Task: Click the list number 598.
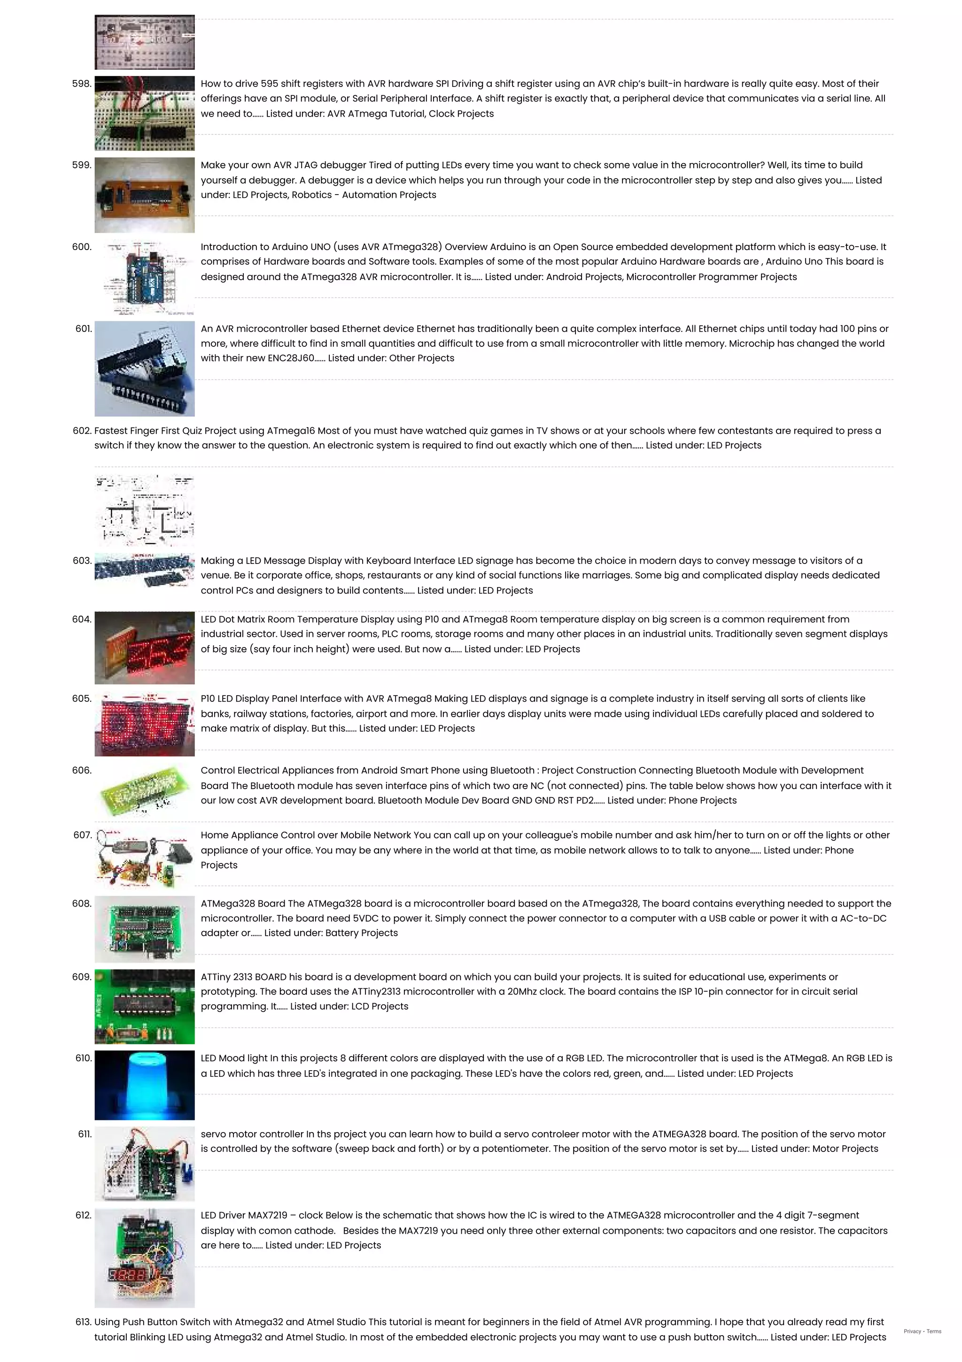[x=81, y=84]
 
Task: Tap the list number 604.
[x=81, y=619]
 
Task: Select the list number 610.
[x=83, y=1058]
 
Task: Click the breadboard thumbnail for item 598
[x=144, y=113]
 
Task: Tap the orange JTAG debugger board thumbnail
[x=144, y=194]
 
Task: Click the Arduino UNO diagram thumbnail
[x=144, y=277]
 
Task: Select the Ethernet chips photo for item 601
[x=144, y=368]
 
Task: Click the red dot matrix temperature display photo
[x=144, y=648]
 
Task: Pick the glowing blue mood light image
[x=144, y=1085]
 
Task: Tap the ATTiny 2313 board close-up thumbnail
[x=144, y=1006]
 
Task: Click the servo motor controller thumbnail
[x=144, y=1163]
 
